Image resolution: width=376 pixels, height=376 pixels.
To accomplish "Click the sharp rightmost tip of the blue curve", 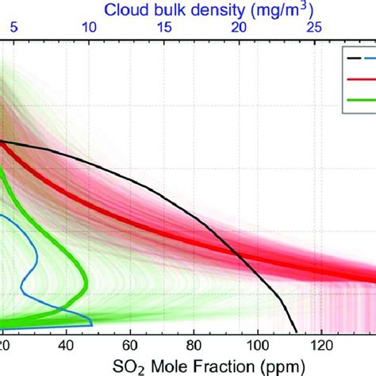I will [93, 323].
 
